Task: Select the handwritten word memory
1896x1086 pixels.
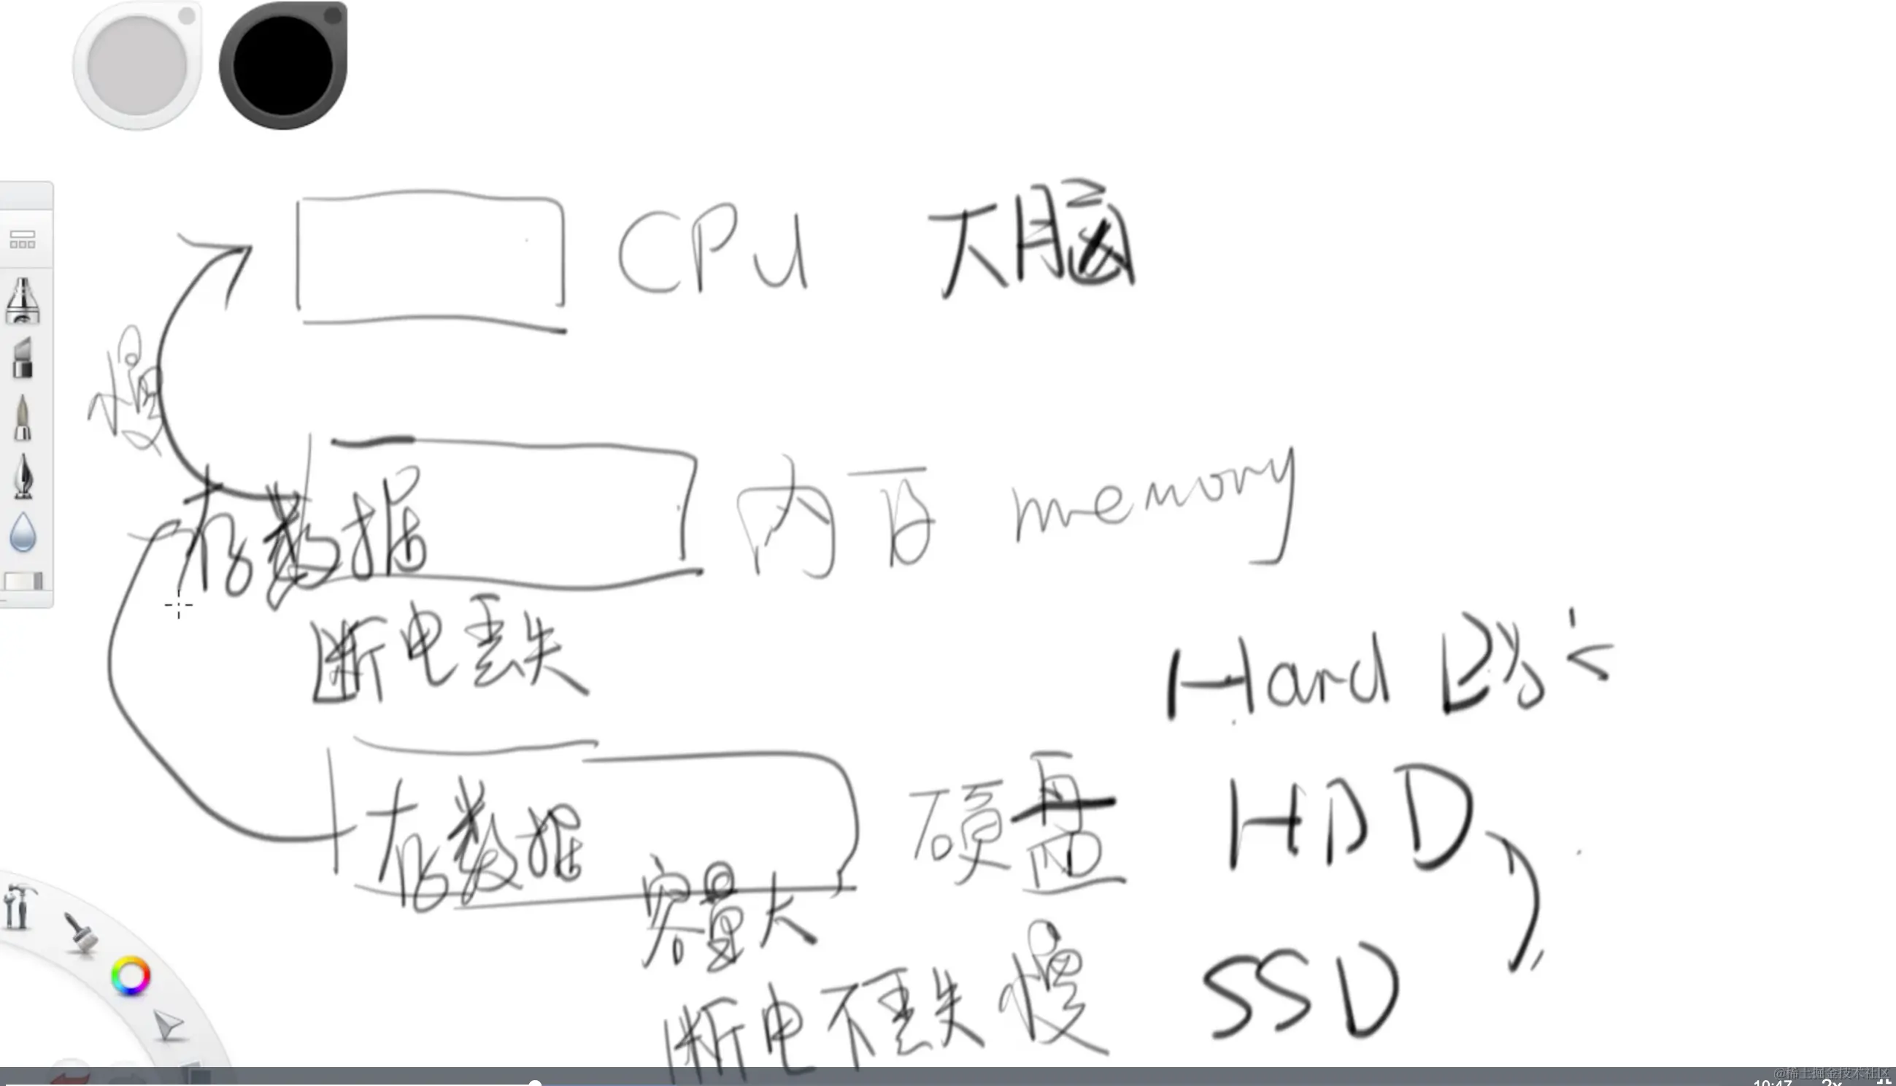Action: tap(1152, 500)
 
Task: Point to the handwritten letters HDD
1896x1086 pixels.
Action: tap(1349, 820)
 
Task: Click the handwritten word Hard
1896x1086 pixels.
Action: tap(1279, 679)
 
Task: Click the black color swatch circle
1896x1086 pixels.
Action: tap(282, 65)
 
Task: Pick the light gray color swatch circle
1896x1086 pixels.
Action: tap(137, 65)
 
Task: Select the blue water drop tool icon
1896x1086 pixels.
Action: tap(23, 533)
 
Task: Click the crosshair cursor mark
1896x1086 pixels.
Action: tap(179, 606)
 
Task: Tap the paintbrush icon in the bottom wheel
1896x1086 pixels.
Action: tap(80, 932)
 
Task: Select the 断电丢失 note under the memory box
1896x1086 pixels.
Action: tap(447, 660)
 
